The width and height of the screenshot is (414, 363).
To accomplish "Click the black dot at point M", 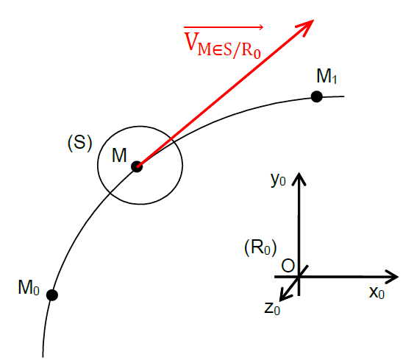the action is [x=137, y=166].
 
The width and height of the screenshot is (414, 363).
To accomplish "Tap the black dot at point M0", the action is [x=52, y=295].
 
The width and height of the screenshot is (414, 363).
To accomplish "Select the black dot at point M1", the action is [x=317, y=96].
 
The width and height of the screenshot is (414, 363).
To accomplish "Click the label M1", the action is [x=326, y=77].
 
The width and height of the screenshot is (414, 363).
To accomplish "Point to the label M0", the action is [x=29, y=287].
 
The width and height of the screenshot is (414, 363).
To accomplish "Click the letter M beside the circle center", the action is [x=119, y=155].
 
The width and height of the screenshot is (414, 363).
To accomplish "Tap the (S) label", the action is [x=79, y=143].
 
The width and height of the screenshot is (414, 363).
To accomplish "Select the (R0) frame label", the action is [x=260, y=247].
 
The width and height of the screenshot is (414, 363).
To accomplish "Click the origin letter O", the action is [x=288, y=266].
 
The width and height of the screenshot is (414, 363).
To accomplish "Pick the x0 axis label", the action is [x=376, y=292].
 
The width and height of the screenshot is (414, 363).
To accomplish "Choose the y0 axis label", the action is [x=278, y=180].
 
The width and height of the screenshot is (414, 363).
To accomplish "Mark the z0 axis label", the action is [x=272, y=309].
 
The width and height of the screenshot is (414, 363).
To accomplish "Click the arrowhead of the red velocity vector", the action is [x=307, y=27].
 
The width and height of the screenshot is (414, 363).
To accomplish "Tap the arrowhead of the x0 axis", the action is [x=392, y=277].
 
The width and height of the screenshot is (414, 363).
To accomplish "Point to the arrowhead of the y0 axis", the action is [x=299, y=178].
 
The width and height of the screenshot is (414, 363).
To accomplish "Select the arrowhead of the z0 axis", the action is [x=285, y=295].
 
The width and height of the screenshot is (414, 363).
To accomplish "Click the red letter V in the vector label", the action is [x=191, y=41].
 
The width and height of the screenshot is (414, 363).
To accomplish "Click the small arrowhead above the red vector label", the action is [x=260, y=27].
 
